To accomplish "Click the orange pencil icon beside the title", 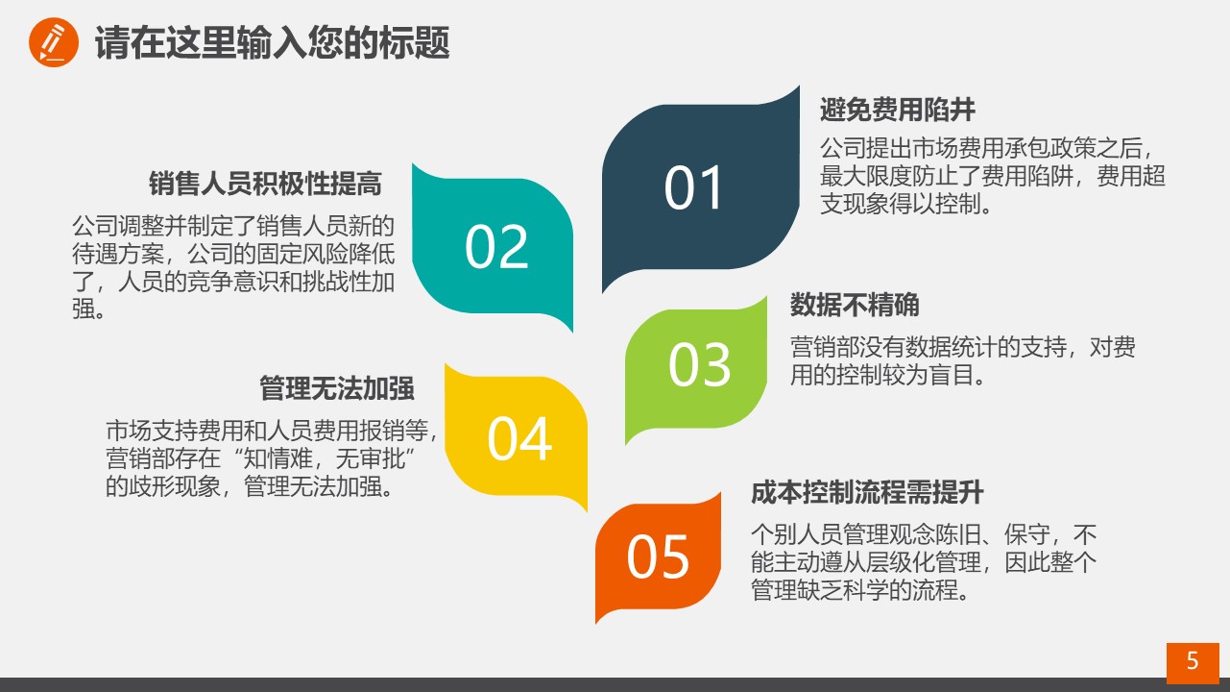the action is tap(53, 42).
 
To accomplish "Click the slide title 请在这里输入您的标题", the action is tap(273, 42).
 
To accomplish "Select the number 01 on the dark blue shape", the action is tap(692, 188).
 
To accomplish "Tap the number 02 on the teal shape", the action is tap(496, 247).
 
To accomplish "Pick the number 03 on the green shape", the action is tap(699, 364).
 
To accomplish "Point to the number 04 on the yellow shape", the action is tap(519, 439).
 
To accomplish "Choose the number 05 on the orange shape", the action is tap(658, 556).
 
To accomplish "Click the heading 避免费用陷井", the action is tap(897, 110).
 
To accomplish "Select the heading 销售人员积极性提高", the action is tap(265, 184).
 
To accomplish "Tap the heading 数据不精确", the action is tap(855, 305).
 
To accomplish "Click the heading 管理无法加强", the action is tap(337, 388).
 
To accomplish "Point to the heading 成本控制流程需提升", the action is tap(867, 492).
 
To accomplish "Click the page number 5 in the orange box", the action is tap(1193, 660).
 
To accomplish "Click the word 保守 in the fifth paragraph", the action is tap(1026, 534).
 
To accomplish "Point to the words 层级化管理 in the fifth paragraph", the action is tap(923, 562).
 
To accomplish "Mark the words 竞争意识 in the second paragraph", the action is tap(233, 282).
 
